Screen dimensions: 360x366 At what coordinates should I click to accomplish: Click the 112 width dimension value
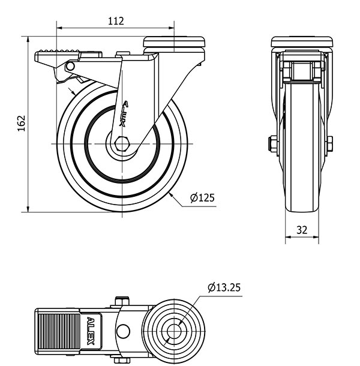pos(116,21)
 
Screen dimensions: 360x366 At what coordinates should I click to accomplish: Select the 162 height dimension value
pos(22,124)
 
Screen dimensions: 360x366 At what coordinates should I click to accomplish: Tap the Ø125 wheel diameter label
pos(202,198)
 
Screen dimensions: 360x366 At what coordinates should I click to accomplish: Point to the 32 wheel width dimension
pos(302,230)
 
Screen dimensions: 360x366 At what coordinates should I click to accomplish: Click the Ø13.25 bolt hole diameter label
pos(224,287)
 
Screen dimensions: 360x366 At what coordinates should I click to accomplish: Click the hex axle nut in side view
pos(121,144)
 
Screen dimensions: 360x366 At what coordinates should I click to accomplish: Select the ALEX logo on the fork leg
pos(124,113)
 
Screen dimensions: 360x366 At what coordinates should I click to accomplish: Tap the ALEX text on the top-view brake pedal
pos(91,331)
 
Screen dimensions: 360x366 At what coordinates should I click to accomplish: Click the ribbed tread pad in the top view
pos(59,331)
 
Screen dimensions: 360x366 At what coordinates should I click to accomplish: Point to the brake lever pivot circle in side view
pos(70,66)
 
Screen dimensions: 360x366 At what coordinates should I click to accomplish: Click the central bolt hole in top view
pos(174,331)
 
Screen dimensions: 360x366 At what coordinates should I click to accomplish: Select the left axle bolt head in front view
pos(272,144)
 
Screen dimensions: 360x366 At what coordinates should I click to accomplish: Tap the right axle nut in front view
pos(329,144)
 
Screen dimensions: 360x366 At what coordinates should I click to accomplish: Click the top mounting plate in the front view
pos(302,42)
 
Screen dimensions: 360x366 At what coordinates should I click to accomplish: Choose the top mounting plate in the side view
pos(174,42)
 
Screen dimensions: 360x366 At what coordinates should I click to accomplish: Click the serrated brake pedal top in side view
pos(58,52)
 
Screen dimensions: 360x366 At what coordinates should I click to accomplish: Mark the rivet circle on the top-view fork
pos(123,331)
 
